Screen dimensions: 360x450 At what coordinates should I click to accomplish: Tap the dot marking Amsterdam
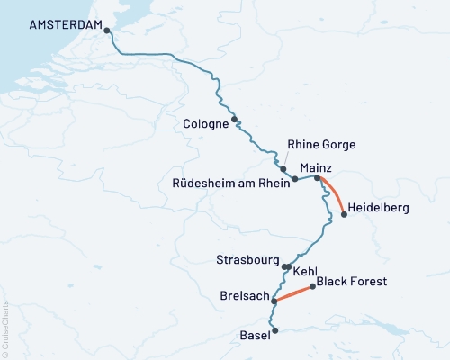(x=107, y=30)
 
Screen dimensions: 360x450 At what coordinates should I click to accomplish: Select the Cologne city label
(x=205, y=124)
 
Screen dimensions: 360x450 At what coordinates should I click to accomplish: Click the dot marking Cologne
(x=234, y=119)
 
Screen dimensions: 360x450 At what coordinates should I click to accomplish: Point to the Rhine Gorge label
(x=321, y=144)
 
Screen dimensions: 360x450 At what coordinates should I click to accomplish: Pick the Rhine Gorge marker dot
(x=283, y=168)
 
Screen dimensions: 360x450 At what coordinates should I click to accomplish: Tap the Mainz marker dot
(x=317, y=178)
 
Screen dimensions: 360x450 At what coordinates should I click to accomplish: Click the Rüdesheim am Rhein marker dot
(x=294, y=179)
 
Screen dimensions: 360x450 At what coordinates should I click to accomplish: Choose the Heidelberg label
(x=378, y=208)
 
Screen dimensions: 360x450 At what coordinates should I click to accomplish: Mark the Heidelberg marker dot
(x=344, y=214)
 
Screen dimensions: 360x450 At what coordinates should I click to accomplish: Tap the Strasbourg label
(x=248, y=260)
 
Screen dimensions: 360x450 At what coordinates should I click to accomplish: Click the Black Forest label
(x=352, y=282)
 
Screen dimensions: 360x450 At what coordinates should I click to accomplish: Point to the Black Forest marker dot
(x=312, y=287)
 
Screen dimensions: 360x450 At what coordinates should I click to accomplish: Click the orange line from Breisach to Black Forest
(x=293, y=294)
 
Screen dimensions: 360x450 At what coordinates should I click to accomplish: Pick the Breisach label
(x=243, y=295)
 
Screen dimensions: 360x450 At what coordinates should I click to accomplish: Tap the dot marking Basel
(x=274, y=330)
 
